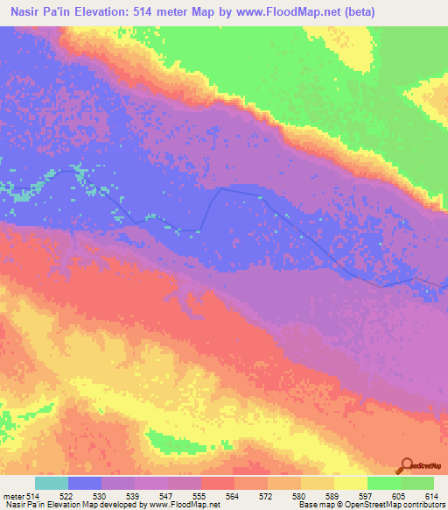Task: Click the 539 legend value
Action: [135, 496]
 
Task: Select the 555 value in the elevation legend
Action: [200, 496]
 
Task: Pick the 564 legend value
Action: [234, 496]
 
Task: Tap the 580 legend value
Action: [300, 496]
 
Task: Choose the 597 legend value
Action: [367, 496]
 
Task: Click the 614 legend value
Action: [430, 496]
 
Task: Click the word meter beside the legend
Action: [13, 496]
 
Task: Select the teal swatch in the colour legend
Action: [52, 483]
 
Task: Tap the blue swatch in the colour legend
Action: [85, 483]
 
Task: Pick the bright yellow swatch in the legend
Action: [350, 483]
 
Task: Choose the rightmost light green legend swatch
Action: [416, 483]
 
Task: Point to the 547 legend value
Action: [168, 496]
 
